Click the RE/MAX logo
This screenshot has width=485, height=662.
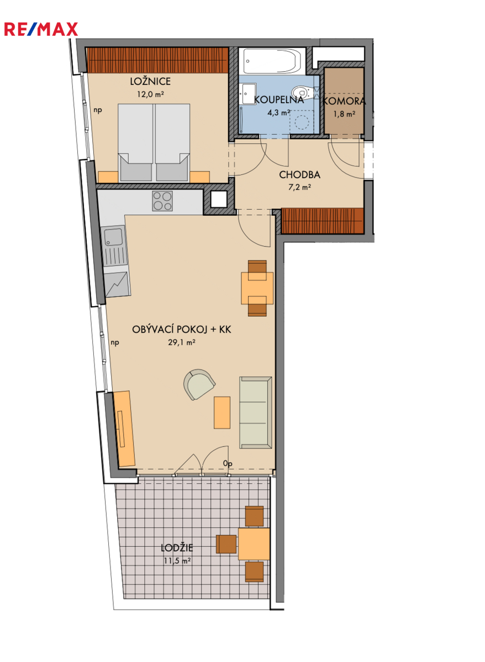pyautogui.click(x=41, y=29)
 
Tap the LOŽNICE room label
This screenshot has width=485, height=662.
pyautogui.click(x=150, y=81)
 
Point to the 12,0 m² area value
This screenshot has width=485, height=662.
pyautogui.click(x=150, y=94)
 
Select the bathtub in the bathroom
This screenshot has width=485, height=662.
pyautogui.click(x=272, y=61)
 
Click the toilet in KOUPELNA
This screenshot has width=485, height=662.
pyautogui.click(x=302, y=93)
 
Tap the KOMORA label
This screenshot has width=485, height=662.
pyautogui.click(x=344, y=102)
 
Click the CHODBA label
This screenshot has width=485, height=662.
pyautogui.click(x=299, y=175)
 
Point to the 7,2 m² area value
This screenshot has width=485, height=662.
pyautogui.click(x=299, y=187)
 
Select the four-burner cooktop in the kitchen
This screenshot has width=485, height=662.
pyautogui.click(x=162, y=201)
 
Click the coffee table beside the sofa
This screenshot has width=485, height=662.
pyautogui.click(x=222, y=412)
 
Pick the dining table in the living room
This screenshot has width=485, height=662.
pyautogui.click(x=257, y=288)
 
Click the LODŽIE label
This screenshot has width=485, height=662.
pyautogui.click(x=177, y=548)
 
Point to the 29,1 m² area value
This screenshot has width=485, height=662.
pyautogui.click(x=181, y=342)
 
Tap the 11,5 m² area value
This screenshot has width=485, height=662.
pyautogui.click(x=177, y=560)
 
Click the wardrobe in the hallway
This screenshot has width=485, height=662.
pyautogui.click(x=322, y=221)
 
